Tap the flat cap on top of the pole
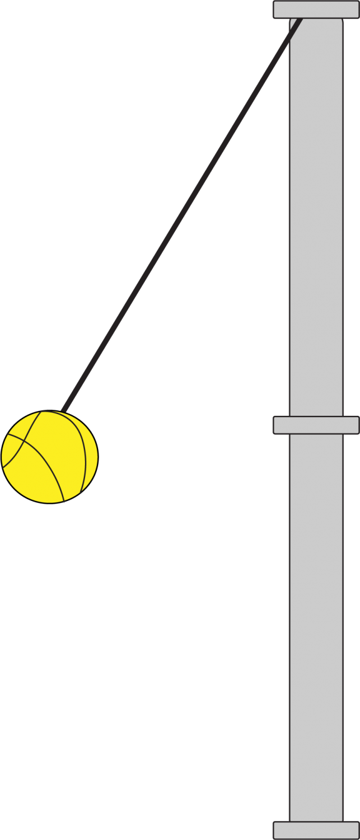click(316, 10)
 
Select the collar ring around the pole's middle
click(316, 425)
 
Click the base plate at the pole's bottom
click(316, 830)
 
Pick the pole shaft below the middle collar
click(316, 627)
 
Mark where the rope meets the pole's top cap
click(301, 20)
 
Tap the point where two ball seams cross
click(23, 441)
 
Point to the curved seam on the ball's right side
click(85, 448)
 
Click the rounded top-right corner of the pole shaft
click(339, 22)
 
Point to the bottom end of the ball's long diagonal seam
click(64, 501)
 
